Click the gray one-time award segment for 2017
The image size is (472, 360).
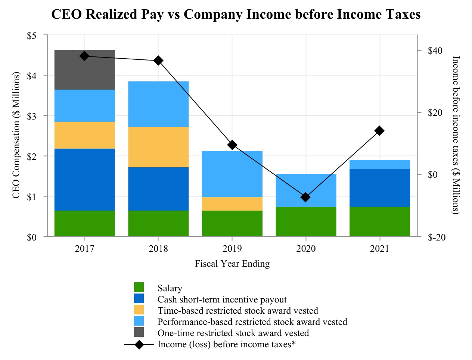(84, 70)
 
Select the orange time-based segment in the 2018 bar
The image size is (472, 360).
(158, 147)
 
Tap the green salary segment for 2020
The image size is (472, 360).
(306, 221)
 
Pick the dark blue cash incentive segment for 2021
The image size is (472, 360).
(380, 187)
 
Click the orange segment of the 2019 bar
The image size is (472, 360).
(232, 204)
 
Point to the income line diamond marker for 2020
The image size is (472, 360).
(306, 197)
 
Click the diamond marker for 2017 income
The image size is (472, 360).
(84, 56)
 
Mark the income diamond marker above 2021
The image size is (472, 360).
(380, 131)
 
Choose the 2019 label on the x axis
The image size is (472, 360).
(232, 249)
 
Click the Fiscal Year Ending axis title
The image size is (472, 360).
(232, 264)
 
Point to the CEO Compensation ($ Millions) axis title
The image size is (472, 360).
(16, 136)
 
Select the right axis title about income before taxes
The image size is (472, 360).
(456, 135)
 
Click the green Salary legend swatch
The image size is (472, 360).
(139, 288)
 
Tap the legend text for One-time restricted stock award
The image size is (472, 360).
(233, 333)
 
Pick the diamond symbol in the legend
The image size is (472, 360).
(139, 344)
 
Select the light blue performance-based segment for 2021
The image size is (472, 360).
(380, 164)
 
